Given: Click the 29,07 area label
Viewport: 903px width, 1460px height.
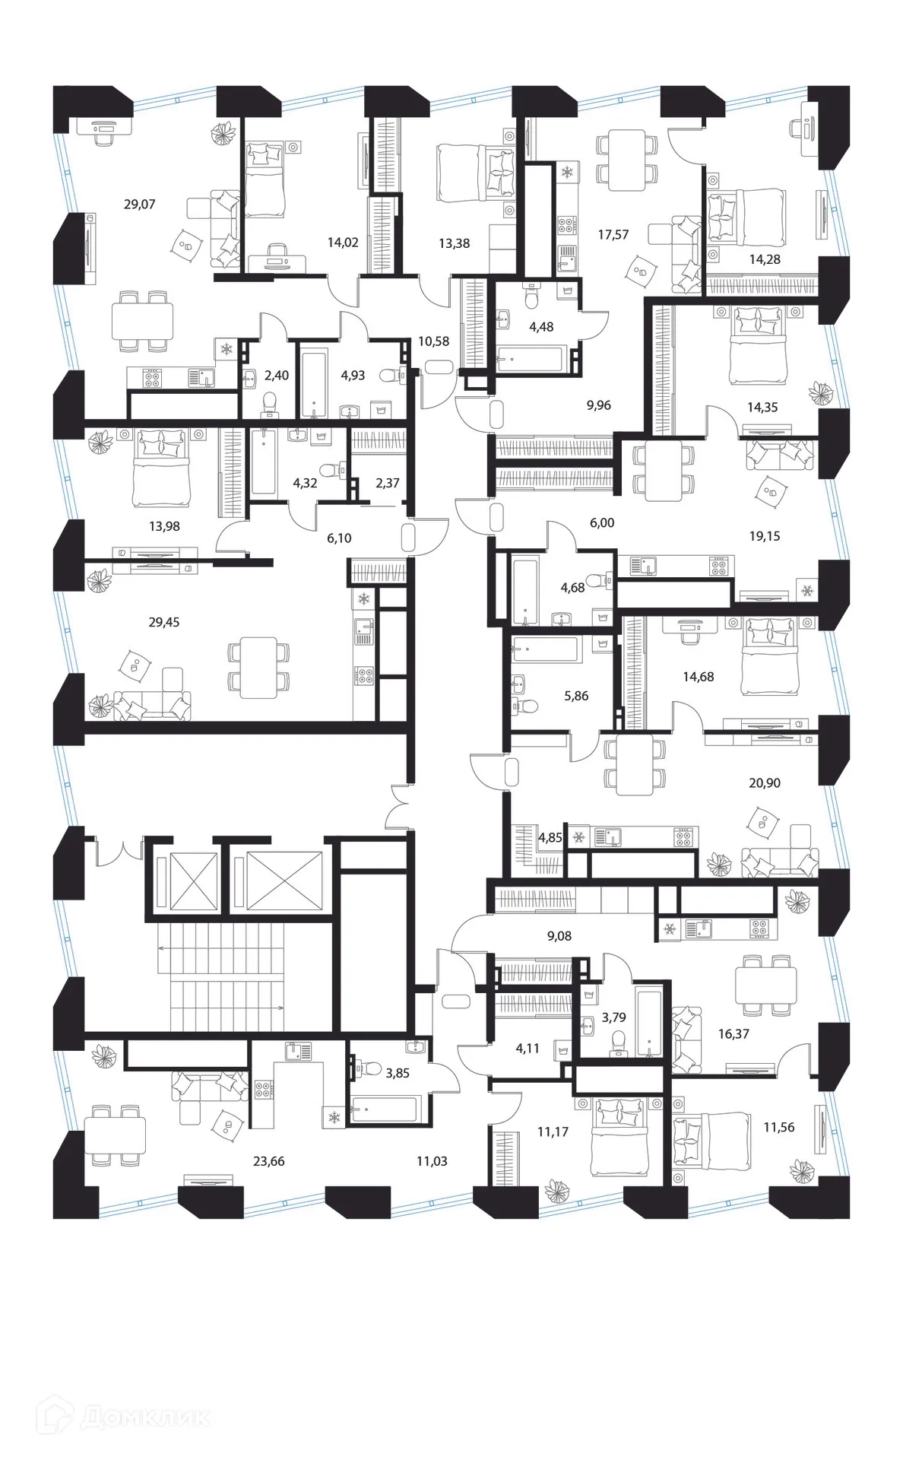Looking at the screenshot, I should click(139, 204).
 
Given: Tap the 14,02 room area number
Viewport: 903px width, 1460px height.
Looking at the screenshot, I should click(343, 243).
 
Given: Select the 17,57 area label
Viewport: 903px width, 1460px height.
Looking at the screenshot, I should click(613, 234).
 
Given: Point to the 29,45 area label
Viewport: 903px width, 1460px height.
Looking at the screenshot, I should click(163, 622).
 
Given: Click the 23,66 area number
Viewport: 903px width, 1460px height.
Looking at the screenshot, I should click(268, 1161).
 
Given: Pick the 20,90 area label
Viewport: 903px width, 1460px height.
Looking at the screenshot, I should click(764, 782).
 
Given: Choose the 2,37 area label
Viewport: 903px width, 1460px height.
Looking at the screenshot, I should click(387, 483).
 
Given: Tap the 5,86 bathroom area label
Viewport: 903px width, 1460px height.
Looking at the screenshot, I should click(576, 695).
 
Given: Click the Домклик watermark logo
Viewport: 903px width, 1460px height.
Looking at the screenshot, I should click(106, 1417).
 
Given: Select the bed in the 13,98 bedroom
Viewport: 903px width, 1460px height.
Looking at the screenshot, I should click(160, 468).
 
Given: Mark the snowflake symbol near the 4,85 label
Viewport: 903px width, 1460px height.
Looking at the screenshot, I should click(578, 837).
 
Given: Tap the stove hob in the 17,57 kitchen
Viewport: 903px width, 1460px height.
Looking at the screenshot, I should click(567, 225).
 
